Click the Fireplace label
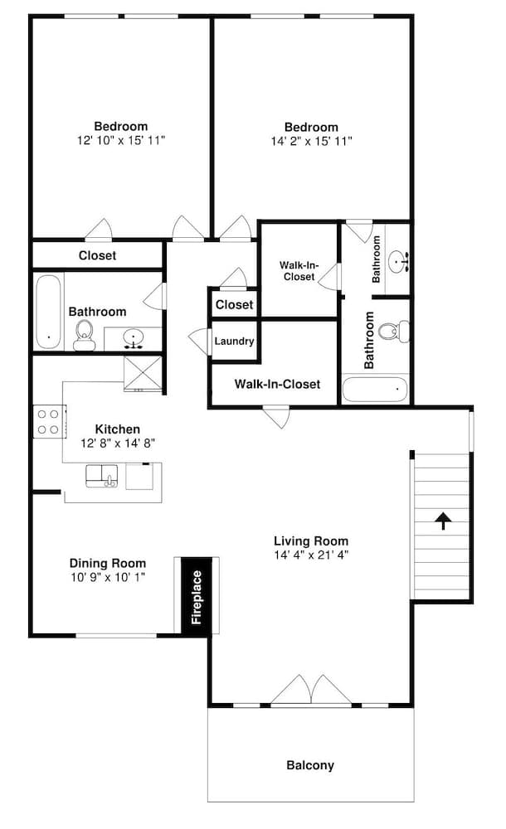point(197,598)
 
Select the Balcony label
point(310,765)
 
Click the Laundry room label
point(234,342)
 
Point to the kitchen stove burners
point(47,422)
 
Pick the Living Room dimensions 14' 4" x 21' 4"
point(311,555)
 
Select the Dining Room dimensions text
point(108,577)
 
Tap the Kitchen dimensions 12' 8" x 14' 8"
point(118,443)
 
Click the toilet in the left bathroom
point(84,335)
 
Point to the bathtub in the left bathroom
point(49,312)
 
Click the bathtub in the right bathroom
point(375,389)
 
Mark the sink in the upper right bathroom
point(399,261)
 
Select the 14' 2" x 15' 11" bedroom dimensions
point(311,141)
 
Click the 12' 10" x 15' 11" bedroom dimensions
point(121,140)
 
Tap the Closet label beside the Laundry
point(235,304)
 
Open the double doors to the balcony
point(311,690)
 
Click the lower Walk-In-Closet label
point(277,384)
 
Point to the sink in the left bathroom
point(134,338)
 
